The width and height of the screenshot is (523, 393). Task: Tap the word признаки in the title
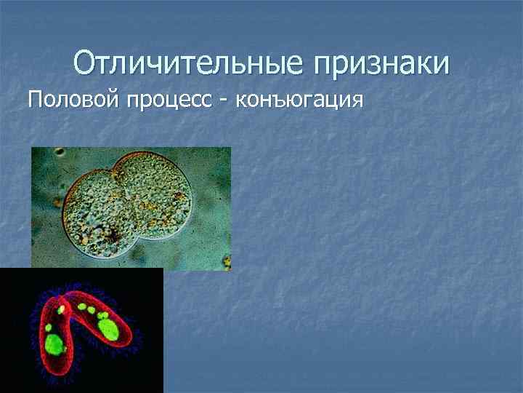382,65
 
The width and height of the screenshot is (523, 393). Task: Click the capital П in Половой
34,99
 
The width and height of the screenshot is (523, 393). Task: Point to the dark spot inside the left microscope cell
114,234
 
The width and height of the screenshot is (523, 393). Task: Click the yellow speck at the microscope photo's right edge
227,259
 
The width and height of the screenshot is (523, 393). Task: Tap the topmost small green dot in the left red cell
61,309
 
